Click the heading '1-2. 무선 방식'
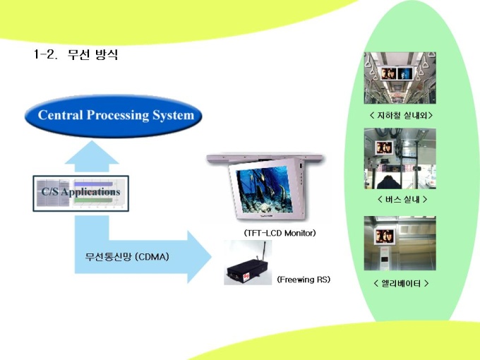pyautogui.click(x=76, y=54)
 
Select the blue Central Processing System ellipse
pyautogui.click(x=113, y=116)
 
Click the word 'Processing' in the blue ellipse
pyautogui.click(x=118, y=116)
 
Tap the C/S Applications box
pyautogui.click(x=80, y=193)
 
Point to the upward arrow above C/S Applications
pyautogui.click(x=92, y=157)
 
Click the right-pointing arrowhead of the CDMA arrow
pyautogui.click(x=199, y=256)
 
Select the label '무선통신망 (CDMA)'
pyautogui.click(x=127, y=256)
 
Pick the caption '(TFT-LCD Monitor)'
pyautogui.click(x=280, y=233)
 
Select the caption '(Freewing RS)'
pyautogui.click(x=304, y=280)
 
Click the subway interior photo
pyautogui.click(x=400, y=78)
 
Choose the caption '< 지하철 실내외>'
pyautogui.click(x=401, y=115)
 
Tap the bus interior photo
pyautogui.click(x=400, y=158)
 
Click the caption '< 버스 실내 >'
pyautogui.click(x=402, y=200)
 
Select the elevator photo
pyautogui.click(x=400, y=243)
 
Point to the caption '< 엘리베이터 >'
pyautogui.click(x=401, y=284)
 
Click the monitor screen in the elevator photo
pyautogui.click(x=385, y=236)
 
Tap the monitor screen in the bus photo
pyautogui.click(x=384, y=148)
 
